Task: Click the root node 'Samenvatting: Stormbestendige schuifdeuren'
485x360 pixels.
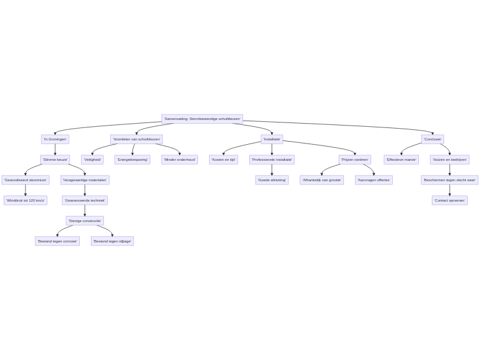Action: pos(202,119)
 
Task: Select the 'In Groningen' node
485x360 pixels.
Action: pos(54,139)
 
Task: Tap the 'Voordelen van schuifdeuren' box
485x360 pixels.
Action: pos(136,139)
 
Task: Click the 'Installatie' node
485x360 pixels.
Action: pos(272,139)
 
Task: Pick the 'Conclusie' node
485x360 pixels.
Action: pos(432,139)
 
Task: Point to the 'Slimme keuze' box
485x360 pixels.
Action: pos(54,160)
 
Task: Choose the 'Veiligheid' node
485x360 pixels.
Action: pos(92,160)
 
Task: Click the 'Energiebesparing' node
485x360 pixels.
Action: pos(132,160)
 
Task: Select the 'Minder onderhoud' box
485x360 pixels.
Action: pos(179,160)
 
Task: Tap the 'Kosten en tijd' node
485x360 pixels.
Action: pos(223,160)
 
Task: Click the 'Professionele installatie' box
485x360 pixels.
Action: pos(272,160)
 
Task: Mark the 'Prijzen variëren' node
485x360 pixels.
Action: pos(354,160)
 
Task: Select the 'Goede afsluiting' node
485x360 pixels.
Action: pos(272,180)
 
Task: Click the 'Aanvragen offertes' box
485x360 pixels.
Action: pos(373,180)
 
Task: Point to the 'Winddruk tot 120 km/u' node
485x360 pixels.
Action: pos(25,200)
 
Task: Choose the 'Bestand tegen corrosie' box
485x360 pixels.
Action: pos(57,241)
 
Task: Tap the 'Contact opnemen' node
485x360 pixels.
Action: pos(449,200)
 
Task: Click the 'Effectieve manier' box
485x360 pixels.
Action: pos(401,160)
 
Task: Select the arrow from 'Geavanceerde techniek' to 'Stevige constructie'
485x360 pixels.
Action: pos(85,210)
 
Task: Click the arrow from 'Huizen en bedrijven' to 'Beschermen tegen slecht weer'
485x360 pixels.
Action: pos(449,169)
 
